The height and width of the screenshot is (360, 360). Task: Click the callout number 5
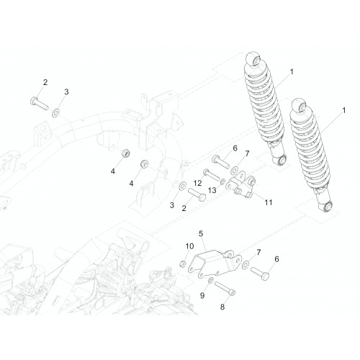click(x=201, y=233)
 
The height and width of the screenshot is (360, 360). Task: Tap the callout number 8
click(x=222, y=307)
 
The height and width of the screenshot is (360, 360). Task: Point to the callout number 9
click(x=202, y=296)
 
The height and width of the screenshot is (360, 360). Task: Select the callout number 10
click(x=189, y=246)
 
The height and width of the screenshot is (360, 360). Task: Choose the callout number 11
click(x=269, y=202)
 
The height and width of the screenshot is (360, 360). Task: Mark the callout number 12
click(x=197, y=184)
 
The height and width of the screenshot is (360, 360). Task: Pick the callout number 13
click(x=212, y=191)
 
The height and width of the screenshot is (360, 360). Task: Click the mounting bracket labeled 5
click(x=214, y=264)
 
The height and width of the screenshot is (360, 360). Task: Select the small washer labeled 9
click(x=211, y=280)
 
